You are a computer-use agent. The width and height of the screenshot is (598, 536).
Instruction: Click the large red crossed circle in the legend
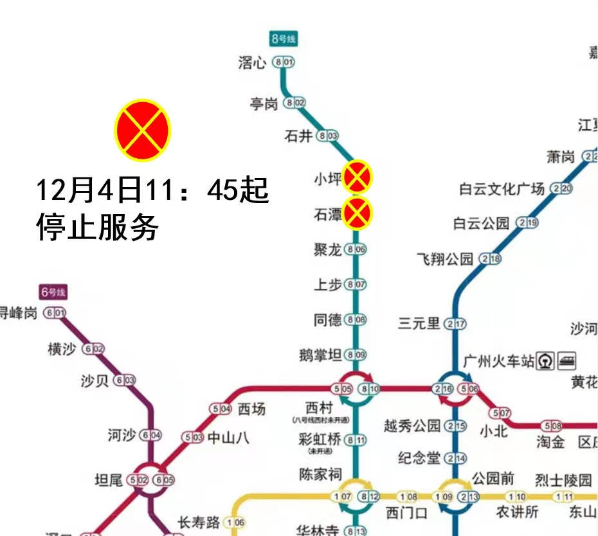click(x=142, y=131)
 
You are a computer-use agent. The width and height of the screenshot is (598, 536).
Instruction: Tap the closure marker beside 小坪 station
click(x=357, y=177)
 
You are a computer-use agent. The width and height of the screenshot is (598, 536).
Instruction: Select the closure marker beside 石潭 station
click(x=357, y=213)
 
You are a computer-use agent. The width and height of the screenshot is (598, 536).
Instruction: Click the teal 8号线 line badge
click(x=284, y=39)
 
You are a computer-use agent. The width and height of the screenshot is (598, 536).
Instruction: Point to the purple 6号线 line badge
click(x=53, y=292)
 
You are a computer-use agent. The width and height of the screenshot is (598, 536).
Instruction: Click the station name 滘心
click(x=252, y=62)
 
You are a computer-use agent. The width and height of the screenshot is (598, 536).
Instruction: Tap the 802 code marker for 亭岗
click(x=296, y=103)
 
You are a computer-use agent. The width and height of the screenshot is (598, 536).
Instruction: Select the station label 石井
click(x=298, y=136)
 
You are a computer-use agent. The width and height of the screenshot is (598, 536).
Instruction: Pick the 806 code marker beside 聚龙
click(x=356, y=250)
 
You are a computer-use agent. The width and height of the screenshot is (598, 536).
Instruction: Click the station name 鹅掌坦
click(x=320, y=354)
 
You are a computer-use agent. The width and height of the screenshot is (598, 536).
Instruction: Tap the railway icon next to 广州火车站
click(x=547, y=361)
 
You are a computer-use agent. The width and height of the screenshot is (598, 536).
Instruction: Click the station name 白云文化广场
click(x=502, y=189)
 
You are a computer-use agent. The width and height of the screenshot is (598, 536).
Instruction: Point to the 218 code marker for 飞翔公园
click(x=491, y=259)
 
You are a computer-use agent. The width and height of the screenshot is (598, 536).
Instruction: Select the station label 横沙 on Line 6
click(x=62, y=349)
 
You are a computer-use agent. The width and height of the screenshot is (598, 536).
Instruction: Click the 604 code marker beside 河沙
click(x=151, y=436)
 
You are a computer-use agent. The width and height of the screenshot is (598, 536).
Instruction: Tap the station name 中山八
click(x=227, y=438)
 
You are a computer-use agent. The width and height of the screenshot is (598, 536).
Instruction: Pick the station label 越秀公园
click(x=412, y=425)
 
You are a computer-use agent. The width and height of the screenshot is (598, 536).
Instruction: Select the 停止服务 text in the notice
click(x=96, y=227)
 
